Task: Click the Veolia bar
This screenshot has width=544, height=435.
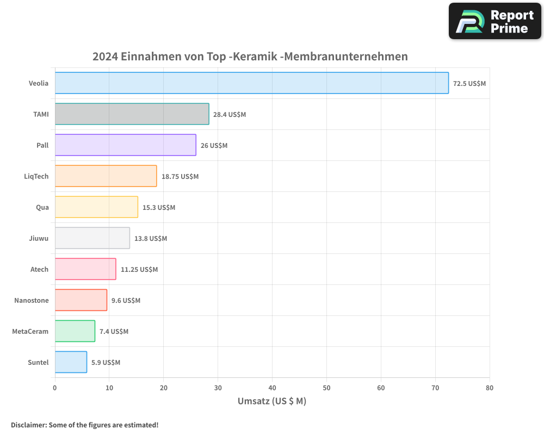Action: [x=251, y=83]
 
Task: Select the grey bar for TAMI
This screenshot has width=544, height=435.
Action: [x=132, y=114]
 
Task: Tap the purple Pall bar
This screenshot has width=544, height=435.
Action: [x=125, y=145]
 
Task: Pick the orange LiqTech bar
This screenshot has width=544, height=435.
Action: [x=106, y=176]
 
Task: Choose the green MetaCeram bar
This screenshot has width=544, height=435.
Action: [x=75, y=331]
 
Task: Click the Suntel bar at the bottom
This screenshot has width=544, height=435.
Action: [x=71, y=362]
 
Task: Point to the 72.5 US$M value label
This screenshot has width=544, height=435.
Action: [x=469, y=84]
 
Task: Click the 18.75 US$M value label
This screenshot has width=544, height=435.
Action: [x=180, y=177]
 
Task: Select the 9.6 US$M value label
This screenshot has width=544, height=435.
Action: [x=126, y=301]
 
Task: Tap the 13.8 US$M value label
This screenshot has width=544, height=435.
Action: [x=151, y=239]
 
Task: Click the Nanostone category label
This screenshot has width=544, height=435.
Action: [x=31, y=301]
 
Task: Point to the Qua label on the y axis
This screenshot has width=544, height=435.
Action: [x=42, y=207]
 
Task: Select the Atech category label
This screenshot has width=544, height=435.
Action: [x=39, y=269]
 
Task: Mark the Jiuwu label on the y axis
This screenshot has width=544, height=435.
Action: [x=39, y=238]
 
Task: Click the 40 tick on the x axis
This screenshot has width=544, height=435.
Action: [x=272, y=388]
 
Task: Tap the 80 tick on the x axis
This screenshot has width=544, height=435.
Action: [x=490, y=388]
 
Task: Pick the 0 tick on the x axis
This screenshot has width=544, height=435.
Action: [x=55, y=388]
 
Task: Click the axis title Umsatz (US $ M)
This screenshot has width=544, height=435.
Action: [x=272, y=401]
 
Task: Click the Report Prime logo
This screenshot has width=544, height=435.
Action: [x=494, y=21]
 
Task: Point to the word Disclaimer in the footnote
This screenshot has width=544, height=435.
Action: [x=28, y=425]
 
